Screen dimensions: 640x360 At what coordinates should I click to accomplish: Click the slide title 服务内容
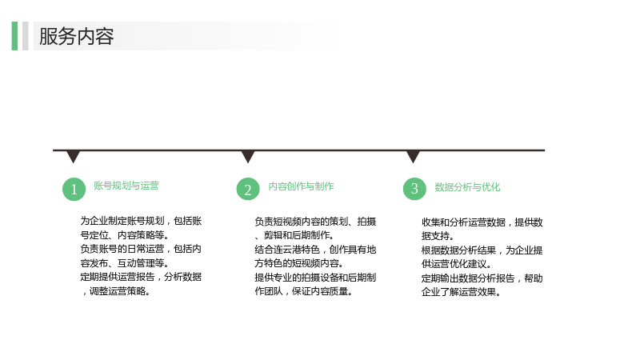point(76,36)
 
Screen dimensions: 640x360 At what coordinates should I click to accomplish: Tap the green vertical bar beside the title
point(14,36)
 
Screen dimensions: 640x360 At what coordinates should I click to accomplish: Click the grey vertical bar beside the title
point(26,36)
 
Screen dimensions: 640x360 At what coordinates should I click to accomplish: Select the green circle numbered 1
point(74,189)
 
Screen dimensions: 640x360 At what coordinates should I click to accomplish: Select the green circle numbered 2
point(248,189)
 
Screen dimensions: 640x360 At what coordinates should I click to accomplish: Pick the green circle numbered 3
point(414,189)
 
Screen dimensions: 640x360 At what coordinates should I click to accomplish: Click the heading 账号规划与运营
point(126,186)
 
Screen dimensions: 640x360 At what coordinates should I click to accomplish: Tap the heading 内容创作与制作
point(301,186)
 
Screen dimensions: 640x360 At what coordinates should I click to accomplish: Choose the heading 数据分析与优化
point(467,187)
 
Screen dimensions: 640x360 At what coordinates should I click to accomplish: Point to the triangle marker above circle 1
point(73,156)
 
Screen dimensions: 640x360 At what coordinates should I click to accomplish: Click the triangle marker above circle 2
point(248,156)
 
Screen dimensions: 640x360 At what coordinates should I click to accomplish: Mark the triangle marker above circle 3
point(413,156)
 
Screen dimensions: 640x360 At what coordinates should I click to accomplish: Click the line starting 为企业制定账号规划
point(141,221)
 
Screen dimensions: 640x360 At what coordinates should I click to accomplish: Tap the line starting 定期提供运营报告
point(141,277)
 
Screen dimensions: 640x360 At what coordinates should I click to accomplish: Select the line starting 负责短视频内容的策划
point(315,222)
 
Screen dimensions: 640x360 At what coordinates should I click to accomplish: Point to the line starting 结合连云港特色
point(315,250)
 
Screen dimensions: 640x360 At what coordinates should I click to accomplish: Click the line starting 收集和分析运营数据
point(482,222)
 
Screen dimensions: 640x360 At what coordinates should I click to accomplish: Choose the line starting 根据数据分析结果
point(482,250)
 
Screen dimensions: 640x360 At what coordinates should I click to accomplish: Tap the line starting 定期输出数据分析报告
point(482,278)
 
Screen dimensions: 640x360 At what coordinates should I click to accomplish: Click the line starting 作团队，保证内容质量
point(304,291)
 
